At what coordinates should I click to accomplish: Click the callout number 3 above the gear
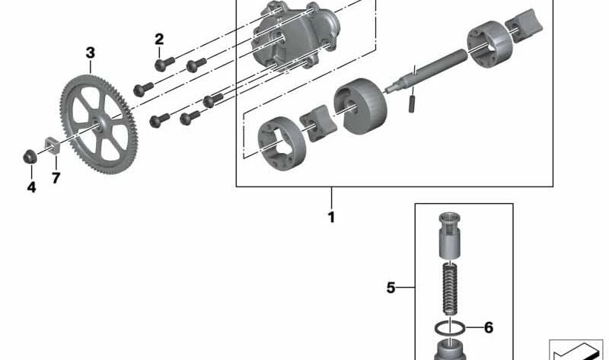click(x=90, y=53)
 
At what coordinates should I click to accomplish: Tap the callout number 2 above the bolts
click(x=159, y=40)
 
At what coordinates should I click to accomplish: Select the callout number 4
click(x=31, y=187)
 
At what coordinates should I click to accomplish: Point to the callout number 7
click(x=56, y=178)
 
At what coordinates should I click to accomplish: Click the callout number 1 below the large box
click(x=331, y=218)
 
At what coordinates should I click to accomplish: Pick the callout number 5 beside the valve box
click(x=391, y=288)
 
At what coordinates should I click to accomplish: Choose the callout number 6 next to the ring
click(x=489, y=328)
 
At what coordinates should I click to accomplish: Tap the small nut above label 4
click(x=30, y=157)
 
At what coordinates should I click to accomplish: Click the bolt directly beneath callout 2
click(x=164, y=64)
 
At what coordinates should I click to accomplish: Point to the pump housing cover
click(x=296, y=36)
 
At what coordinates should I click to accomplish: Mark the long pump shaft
click(x=426, y=71)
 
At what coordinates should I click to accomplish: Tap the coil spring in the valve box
click(x=450, y=288)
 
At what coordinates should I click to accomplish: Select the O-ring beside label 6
click(x=450, y=329)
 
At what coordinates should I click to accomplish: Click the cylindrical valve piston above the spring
click(x=450, y=235)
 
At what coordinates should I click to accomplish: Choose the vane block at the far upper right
click(x=524, y=25)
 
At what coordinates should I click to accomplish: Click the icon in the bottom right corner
click(x=576, y=350)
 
